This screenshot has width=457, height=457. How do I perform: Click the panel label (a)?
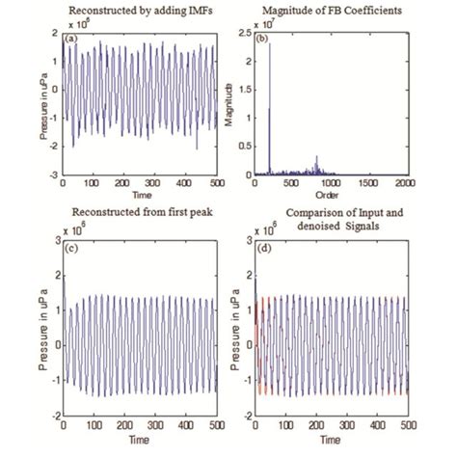click(72, 39)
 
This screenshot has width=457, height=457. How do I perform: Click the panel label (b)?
click(261, 39)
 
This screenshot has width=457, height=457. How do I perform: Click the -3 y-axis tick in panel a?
click(54, 175)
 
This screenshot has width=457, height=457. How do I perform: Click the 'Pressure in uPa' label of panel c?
click(42, 334)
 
